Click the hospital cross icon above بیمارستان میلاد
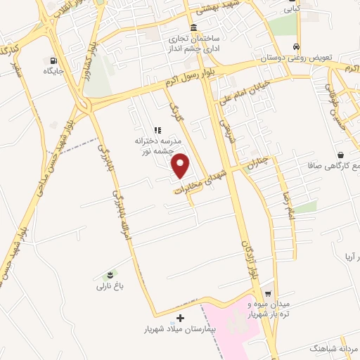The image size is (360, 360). [181, 318]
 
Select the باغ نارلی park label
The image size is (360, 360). [110, 286]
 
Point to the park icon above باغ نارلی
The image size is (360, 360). [110, 274]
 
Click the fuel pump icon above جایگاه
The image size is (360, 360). [53, 60]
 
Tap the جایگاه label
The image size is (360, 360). [53, 71]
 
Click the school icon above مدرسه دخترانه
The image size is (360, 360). [157, 130]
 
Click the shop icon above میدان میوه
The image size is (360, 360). [268, 294]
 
